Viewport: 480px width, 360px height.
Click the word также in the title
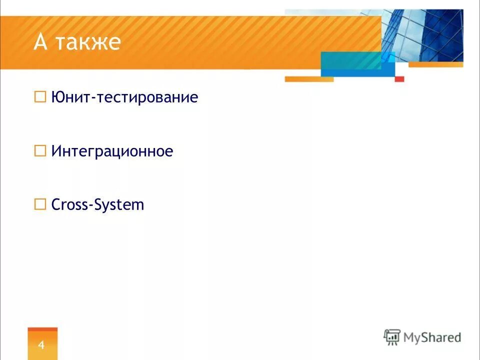pyautogui.click(x=88, y=42)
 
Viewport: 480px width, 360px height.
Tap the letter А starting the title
pyautogui.click(x=40, y=42)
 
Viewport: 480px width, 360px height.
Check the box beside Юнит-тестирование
pyautogui.click(x=40, y=96)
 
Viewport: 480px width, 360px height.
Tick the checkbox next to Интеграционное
pyautogui.click(x=40, y=150)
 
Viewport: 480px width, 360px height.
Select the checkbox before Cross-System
pyautogui.click(x=40, y=204)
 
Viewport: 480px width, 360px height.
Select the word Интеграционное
pyautogui.click(x=112, y=151)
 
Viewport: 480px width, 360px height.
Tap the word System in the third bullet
pyautogui.click(x=119, y=205)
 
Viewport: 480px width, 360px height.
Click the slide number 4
pyautogui.click(x=42, y=344)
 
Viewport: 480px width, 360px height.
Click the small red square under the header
pyautogui.click(x=399, y=79)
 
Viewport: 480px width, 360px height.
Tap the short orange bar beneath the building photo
pyautogui.click(x=435, y=64)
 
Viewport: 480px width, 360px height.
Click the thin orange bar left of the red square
pyautogui.click(x=308, y=79)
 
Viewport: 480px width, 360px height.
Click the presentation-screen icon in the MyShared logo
pyautogui.click(x=392, y=336)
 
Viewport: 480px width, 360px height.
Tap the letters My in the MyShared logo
pyautogui.click(x=413, y=338)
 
